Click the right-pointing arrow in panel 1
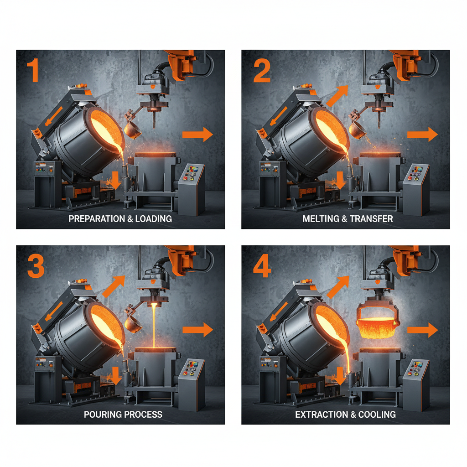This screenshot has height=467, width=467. coord(197,134)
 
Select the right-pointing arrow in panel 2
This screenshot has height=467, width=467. coord(422,134)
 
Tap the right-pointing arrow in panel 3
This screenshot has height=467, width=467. coord(197,329)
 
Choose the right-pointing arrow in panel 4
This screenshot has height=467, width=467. coord(422,330)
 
